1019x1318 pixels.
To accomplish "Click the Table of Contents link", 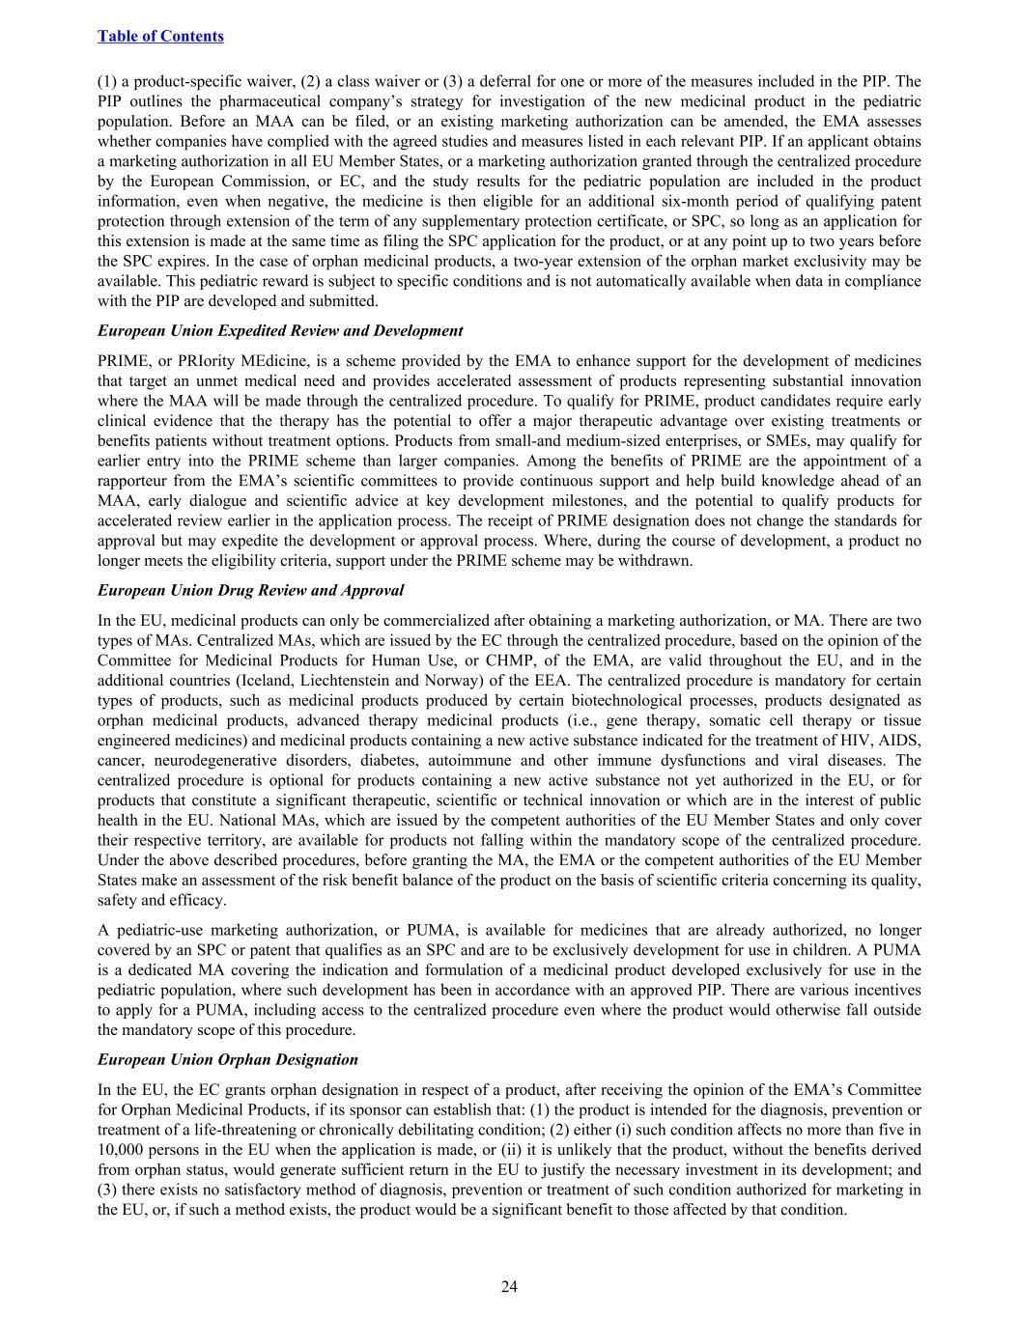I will coord(160,36).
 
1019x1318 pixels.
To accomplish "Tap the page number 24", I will coord(509,1285).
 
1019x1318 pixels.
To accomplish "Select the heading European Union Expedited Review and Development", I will coord(280,330).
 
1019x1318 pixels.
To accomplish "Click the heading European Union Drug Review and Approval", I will coord(250,590).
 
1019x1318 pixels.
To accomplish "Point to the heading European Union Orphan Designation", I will coord(227,1059).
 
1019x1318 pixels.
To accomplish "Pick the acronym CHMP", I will coord(490,660).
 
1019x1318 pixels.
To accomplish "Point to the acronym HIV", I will coord(863,740).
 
